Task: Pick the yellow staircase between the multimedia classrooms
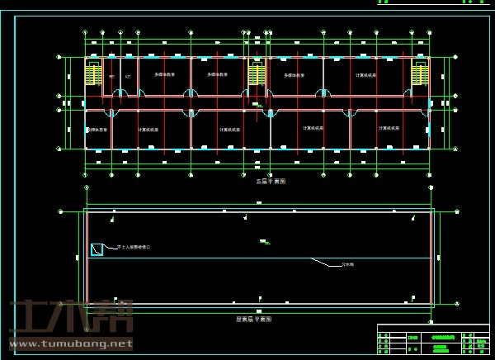257,74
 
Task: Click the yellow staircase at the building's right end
420,74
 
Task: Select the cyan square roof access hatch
97,249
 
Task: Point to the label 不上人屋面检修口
134,247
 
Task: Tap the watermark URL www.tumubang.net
70,344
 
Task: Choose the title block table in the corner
433,339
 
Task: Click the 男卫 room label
111,77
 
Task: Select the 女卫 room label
127,77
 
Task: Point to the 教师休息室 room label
97,130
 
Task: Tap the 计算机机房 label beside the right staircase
365,75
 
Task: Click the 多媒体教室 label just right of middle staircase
295,75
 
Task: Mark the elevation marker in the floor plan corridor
258,105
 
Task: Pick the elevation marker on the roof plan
264,242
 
